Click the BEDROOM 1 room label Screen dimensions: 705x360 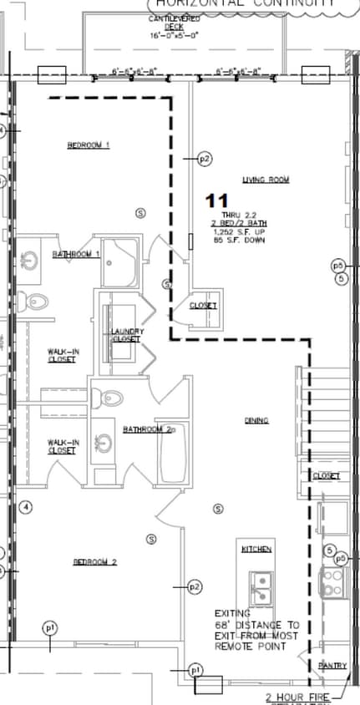click(x=89, y=146)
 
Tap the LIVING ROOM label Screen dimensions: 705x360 click(x=266, y=180)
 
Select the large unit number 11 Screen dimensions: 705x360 click(x=217, y=200)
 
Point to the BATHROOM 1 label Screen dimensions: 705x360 click(x=76, y=254)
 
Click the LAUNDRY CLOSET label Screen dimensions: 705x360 click(x=127, y=336)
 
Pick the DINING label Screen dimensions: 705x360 click(x=256, y=420)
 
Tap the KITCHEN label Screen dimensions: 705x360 click(x=256, y=549)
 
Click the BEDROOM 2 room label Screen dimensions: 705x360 click(x=94, y=562)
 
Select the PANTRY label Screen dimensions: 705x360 click(x=332, y=665)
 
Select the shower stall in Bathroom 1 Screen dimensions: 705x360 click(x=124, y=262)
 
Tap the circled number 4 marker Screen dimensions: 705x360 click(x=26, y=507)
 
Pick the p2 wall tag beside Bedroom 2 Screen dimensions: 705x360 click(x=195, y=587)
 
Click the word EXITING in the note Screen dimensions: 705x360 click(x=232, y=612)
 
